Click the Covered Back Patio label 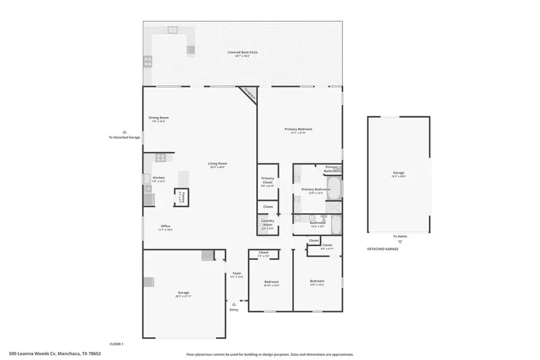point(242,53)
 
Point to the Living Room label point(218,164)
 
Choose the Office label point(165,227)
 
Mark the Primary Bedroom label point(298,130)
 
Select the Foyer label point(237,274)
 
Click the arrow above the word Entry point(233,304)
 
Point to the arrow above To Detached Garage point(124,131)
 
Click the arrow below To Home point(400,242)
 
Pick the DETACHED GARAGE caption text point(383,249)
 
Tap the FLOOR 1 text point(116,344)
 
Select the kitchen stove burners point(160,158)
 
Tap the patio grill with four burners point(147,61)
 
